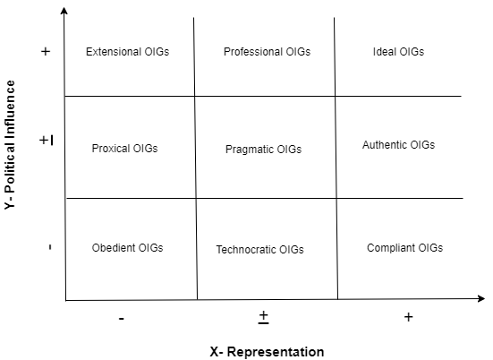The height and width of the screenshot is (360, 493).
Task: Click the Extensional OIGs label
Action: click(x=127, y=52)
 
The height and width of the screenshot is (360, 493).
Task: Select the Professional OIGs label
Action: click(x=267, y=52)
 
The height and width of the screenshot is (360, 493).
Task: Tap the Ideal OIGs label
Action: click(x=398, y=52)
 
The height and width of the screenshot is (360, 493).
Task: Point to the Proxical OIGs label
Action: click(x=124, y=149)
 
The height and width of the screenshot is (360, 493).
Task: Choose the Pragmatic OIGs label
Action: click(x=263, y=150)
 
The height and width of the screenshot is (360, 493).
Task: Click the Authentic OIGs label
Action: click(x=398, y=145)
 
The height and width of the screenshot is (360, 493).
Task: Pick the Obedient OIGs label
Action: click(x=127, y=248)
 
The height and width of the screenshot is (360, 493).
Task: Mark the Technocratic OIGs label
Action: click(x=260, y=250)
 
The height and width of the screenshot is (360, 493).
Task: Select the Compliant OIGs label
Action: click(x=404, y=248)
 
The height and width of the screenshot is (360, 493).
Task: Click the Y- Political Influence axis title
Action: click(x=10, y=145)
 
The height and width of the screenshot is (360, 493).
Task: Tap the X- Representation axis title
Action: click(x=267, y=352)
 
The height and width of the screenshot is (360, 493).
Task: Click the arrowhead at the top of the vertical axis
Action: click(x=64, y=11)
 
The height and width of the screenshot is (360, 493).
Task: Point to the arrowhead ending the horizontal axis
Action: click(x=481, y=298)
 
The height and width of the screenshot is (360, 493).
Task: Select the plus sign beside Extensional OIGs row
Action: click(x=46, y=51)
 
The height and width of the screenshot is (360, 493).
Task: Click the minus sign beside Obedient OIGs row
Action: click(x=50, y=247)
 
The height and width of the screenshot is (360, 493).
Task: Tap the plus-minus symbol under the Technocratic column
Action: click(x=263, y=317)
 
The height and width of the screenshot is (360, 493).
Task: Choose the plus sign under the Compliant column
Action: click(x=408, y=317)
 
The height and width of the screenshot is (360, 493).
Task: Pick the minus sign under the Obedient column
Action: click(x=122, y=319)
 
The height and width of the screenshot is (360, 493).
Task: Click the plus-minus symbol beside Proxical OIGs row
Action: click(x=47, y=140)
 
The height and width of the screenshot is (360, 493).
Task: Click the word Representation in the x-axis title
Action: click(x=276, y=352)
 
